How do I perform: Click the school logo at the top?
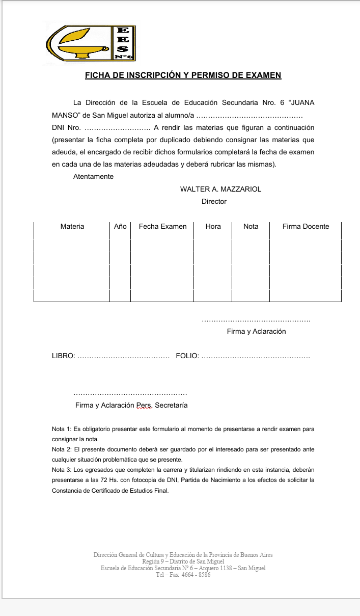pos(90,43)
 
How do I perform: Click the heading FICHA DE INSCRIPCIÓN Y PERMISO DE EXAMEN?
pos(183,75)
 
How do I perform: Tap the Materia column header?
pos(72,227)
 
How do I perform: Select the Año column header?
pos(120,227)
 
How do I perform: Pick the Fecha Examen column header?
pos(162,227)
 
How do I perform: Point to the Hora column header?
pos(213,227)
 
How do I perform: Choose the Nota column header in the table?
pos(251,227)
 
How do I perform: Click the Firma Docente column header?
pos(306,227)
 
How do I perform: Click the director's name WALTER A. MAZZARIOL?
pos(220,189)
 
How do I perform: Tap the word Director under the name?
pos(214,201)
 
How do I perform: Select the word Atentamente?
pos(93,177)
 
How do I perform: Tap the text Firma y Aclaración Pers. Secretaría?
pos(131,406)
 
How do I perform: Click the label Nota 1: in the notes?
pos(62,430)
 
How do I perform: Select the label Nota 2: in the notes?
pos(62,449)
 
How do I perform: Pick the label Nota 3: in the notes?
pos(62,470)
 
